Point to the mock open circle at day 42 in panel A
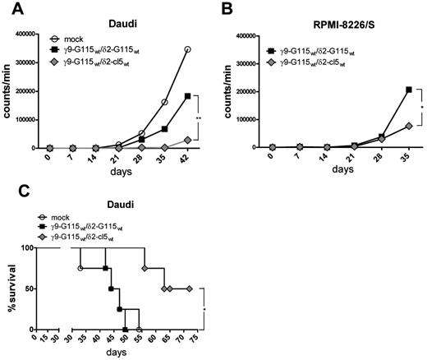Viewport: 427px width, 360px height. tap(187, 50)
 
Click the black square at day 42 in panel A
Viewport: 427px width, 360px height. tap(187, 96)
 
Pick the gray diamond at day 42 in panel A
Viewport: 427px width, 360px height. tap(187, 140)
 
